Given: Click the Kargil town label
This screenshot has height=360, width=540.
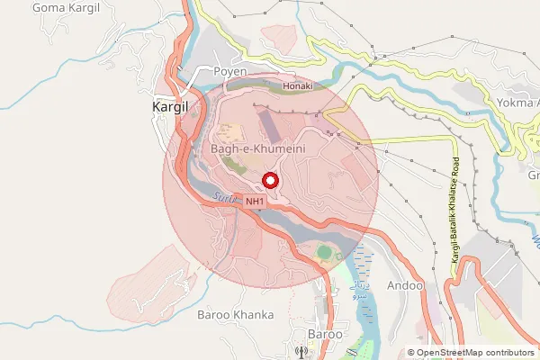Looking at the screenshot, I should click(x=166, y=106).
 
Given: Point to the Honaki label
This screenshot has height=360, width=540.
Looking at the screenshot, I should click(x=297, y=86).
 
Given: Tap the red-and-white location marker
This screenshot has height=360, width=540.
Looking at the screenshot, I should click(x=271, y=180).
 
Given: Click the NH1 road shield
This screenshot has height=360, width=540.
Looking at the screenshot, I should click(x=256, y=202).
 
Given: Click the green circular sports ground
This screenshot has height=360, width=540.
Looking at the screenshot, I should click(x=324, y=252).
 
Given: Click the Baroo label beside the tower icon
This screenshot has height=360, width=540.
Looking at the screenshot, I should click(x=325, y=334).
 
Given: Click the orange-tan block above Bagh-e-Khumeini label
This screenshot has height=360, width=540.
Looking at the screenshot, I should click(x=230, y=131).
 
